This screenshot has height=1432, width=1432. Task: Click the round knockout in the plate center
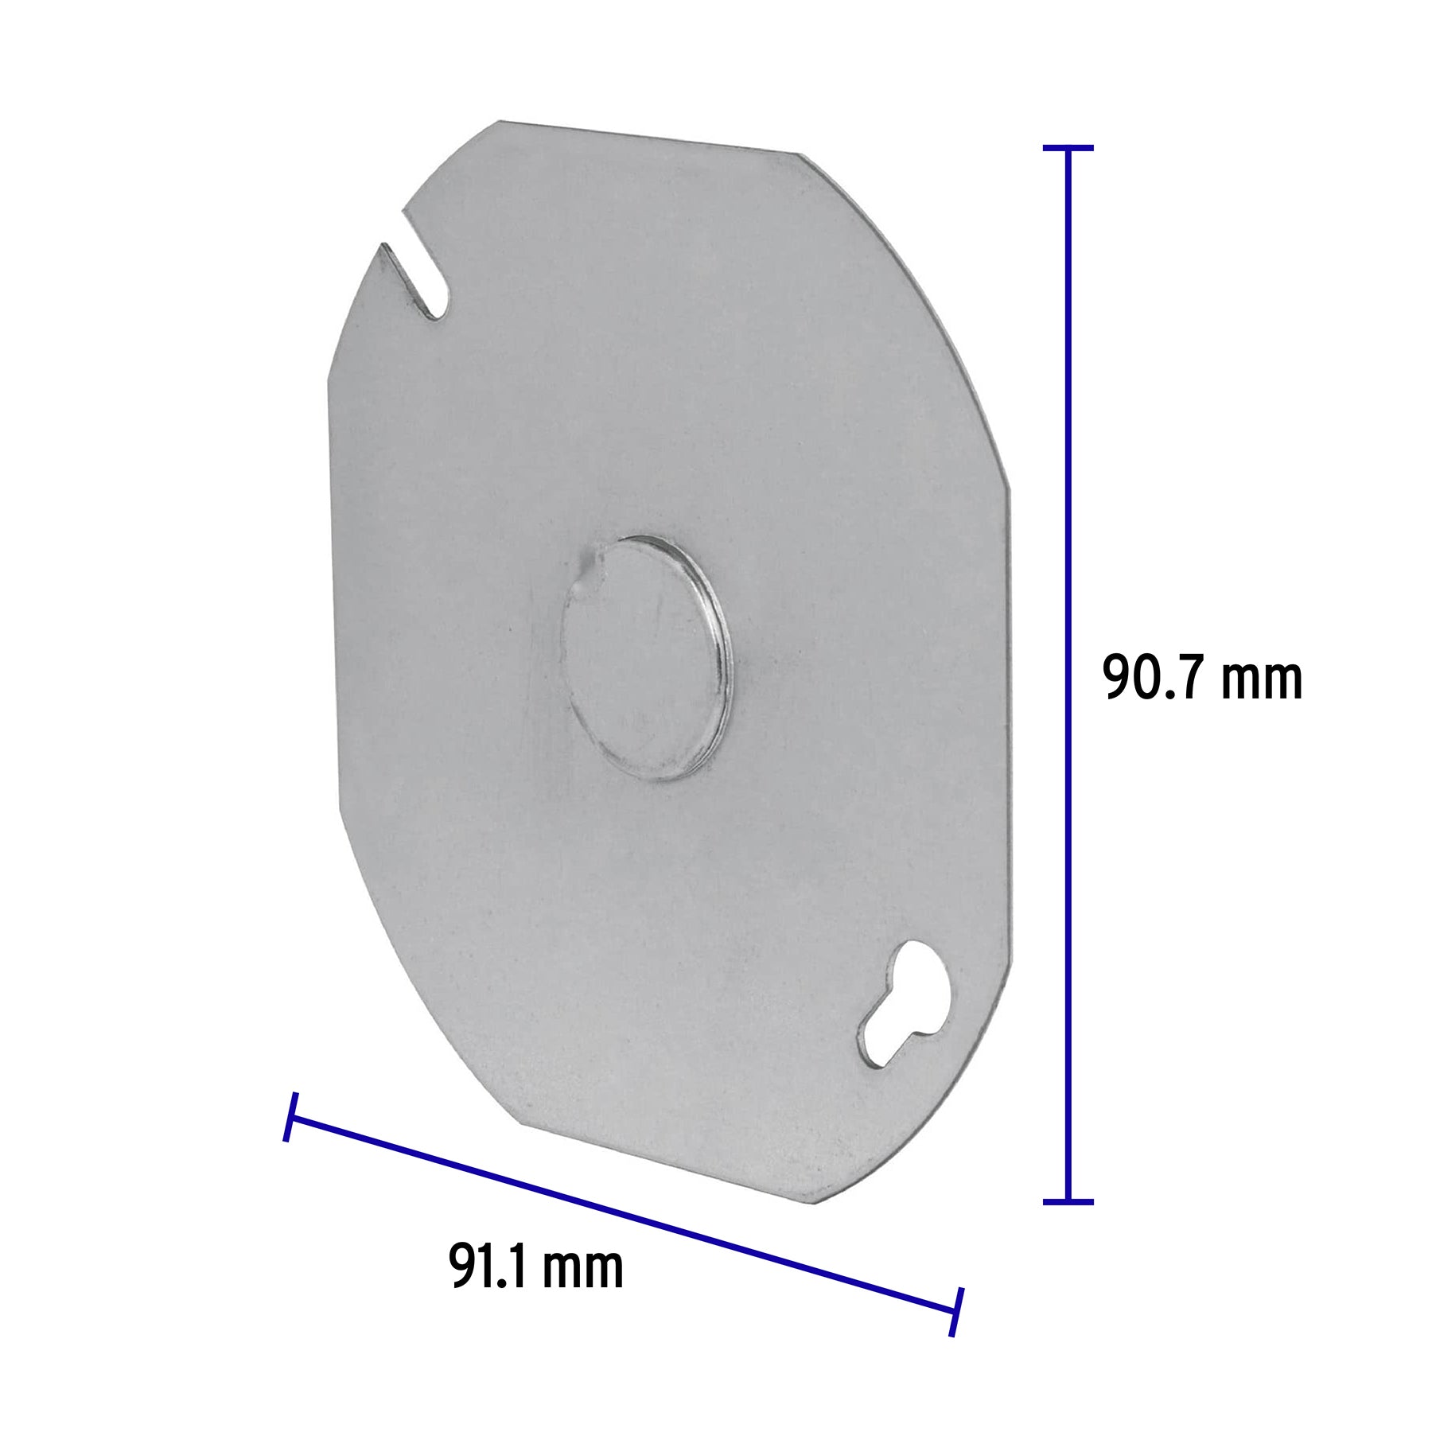(645, 659)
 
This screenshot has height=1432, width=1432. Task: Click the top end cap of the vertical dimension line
(1068, 148)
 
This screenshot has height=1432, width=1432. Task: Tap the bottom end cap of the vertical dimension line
(1068, 1202)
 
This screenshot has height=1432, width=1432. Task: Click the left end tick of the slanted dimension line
(290, 1117)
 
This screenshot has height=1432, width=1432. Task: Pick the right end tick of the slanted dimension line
(956, 1312)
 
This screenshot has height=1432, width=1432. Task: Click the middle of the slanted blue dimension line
(623, 1215)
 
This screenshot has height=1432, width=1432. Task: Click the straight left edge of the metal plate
(333, 597)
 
